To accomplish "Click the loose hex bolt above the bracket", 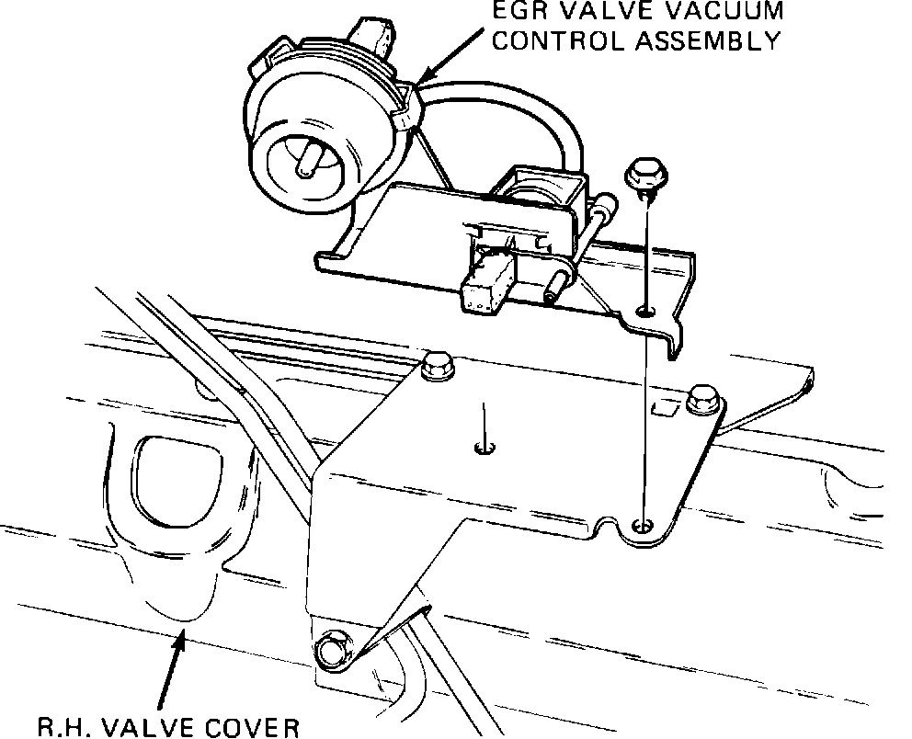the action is [640, 176].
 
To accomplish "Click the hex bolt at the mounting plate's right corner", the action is [702, 399].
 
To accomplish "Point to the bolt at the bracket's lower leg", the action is [329, 650].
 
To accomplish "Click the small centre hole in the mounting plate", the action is [484, 449].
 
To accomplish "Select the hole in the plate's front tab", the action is [644, 526].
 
